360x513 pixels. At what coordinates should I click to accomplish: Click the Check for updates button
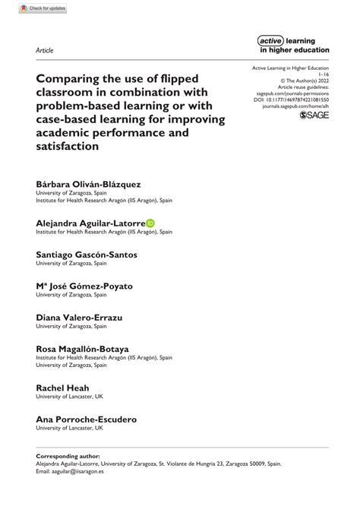36,8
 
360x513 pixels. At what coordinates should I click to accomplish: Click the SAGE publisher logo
314,115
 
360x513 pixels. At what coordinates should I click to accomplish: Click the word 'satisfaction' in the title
68,146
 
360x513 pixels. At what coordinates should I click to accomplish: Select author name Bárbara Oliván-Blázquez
88,185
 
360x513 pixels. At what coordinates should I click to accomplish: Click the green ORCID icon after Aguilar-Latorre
150,223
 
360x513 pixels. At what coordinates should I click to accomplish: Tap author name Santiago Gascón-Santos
87,255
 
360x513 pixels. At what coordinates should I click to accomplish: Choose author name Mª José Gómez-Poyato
84,286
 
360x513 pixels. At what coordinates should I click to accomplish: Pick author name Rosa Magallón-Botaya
82,348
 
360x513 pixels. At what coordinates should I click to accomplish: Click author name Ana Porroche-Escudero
86,418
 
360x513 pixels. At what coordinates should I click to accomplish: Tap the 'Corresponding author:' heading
69,454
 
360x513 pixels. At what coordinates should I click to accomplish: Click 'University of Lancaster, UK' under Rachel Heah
69,396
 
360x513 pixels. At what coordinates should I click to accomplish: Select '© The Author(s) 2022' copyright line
303,79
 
